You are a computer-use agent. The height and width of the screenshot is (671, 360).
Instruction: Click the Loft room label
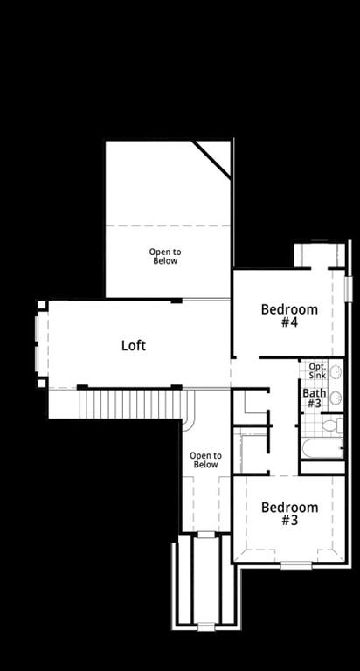pyautogui.click(x=133, y=345)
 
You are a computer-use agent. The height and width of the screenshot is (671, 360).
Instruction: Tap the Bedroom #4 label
pyautogui.click(x=289, y=315)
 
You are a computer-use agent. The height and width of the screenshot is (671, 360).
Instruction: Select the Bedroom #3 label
pyautogui.click(x=289, y=514)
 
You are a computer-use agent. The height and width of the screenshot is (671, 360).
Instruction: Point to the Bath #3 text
pyautogui.click(x=314, y=398)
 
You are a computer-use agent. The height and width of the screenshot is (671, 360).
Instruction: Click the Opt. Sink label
pyautogui.click(x=317, y=370)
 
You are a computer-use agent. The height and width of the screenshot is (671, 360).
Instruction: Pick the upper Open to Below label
pyautogui.click(x=163, y=256)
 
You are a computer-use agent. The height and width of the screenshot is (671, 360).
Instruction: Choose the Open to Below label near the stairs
pyautogui.click(x=205, y=460)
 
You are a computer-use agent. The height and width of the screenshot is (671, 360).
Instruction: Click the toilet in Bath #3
pyautogui.click(x=333, y=425)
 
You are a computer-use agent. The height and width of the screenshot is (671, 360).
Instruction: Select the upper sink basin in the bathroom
pyautogui.click(x=336, y=372)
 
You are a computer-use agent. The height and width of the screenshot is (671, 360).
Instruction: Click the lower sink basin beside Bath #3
pyautogui.click(x=336, y=398)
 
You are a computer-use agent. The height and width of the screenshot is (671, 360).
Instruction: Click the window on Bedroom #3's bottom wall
pyautogui.click(x=295, y=564)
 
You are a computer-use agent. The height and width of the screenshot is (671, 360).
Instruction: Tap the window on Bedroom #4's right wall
pyautogui.click(x=347, y=287)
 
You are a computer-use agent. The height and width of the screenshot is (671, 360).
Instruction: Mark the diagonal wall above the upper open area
pyautogui.click(x=212, y=161)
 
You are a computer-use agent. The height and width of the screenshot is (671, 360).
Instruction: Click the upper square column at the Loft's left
pyautogui.click(x=41, y=305)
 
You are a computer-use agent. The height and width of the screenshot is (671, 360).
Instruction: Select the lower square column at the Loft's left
pyautogui.click(x=41, y=383)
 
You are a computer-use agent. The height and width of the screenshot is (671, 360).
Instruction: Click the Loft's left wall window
pyautogui.click(x=37, y=343)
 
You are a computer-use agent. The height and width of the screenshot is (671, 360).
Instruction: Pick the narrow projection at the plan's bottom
pyautogui.click(x=205, y=580)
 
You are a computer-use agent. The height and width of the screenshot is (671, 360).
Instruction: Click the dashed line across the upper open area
pyautogui.click(x=168, y=226)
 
